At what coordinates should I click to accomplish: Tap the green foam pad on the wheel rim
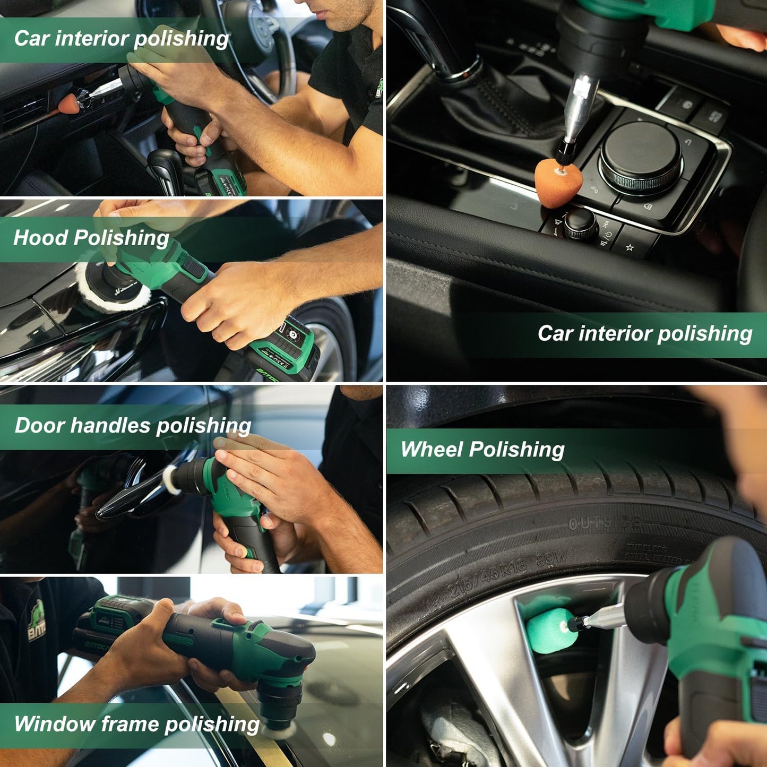pos(547,631)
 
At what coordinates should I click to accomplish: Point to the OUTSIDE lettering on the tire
pos(604,523)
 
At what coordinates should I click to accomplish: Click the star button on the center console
pos(630,247)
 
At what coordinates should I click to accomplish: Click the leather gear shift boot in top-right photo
pos(494,106)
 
